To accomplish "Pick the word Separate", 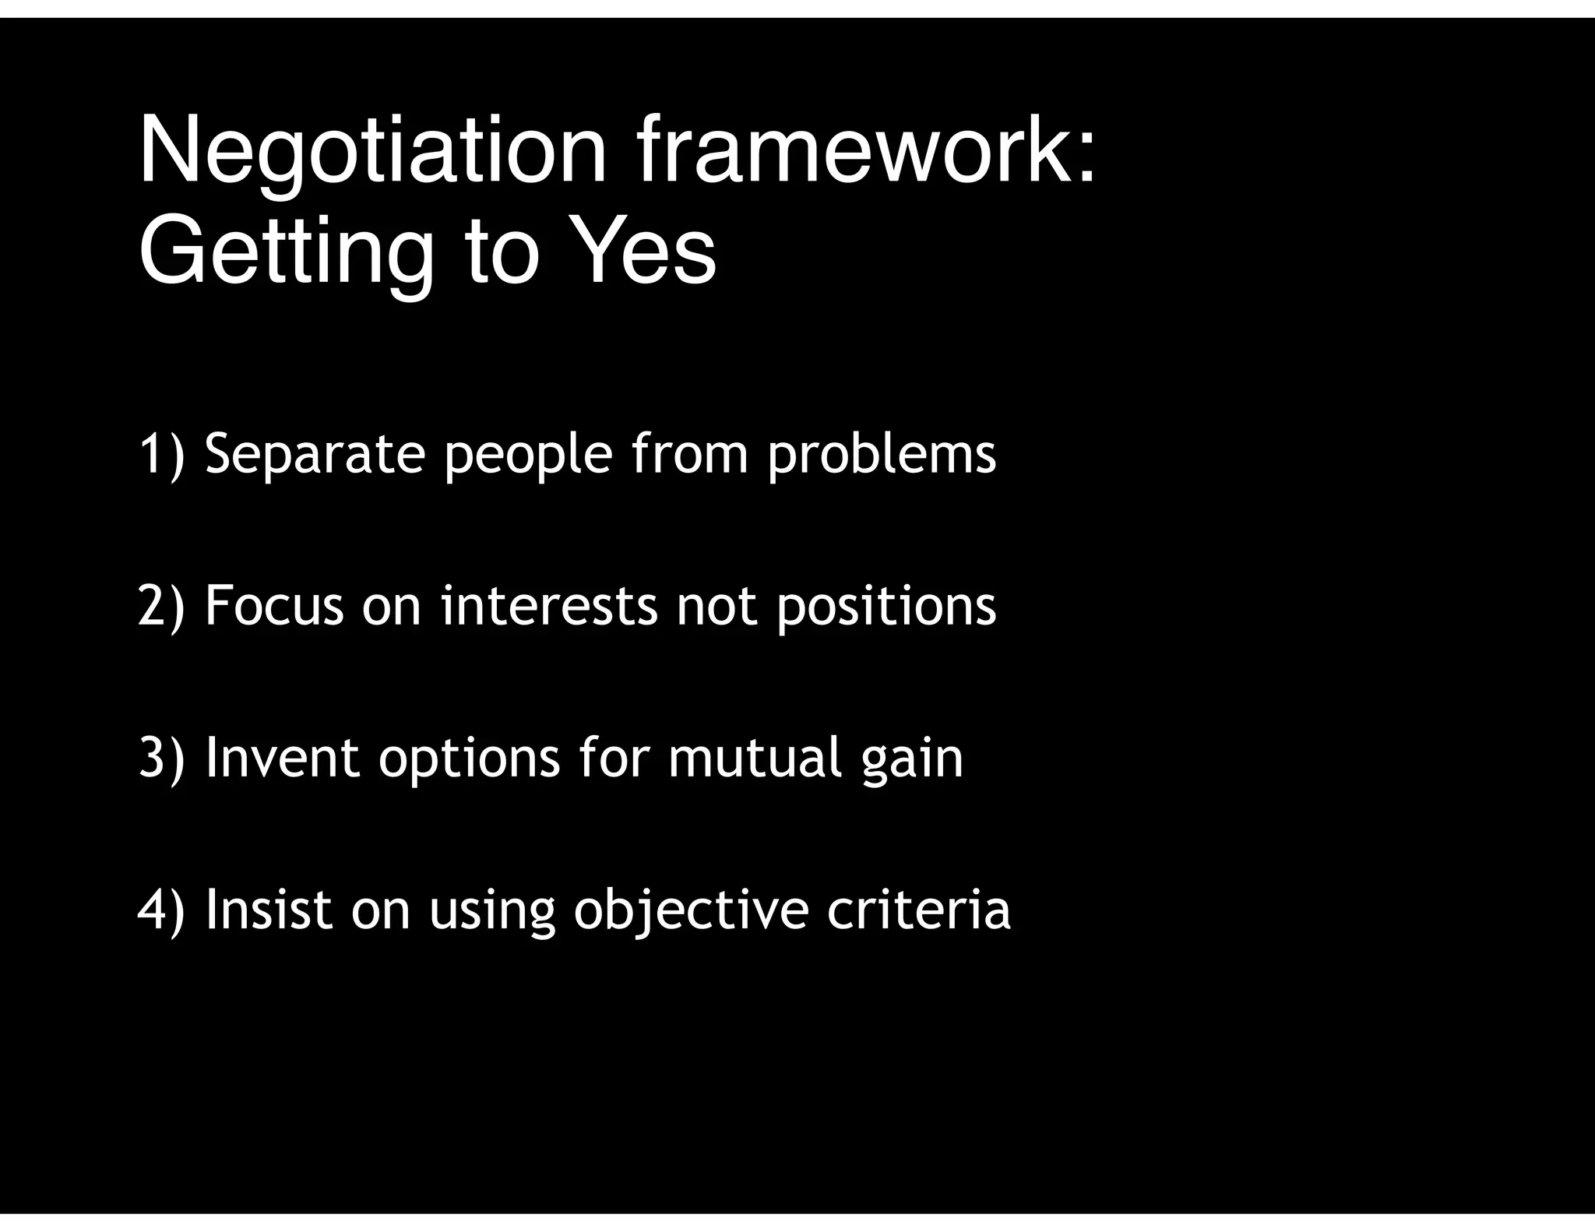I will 315,455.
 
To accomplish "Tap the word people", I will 529,456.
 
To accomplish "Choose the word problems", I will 882,455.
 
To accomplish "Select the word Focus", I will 274,605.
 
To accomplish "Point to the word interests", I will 549,605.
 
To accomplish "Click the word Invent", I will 282,757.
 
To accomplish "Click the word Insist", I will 269,909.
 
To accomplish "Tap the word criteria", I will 919,909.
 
